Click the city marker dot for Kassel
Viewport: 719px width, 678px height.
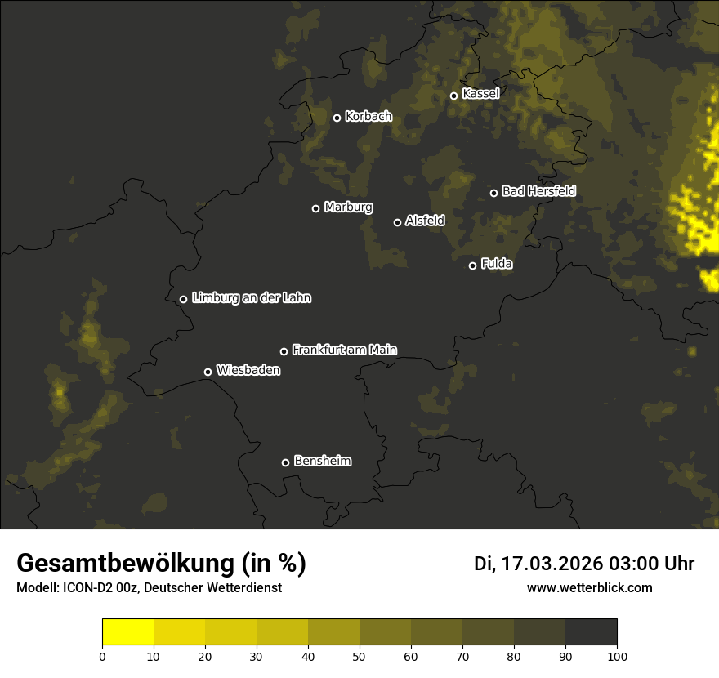[453, 96]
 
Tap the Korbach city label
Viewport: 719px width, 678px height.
[368, 117]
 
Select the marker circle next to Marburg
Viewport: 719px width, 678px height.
[315, 208]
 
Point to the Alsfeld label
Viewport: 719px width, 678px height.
[425, 221]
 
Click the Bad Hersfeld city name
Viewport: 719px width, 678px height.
[538, 191]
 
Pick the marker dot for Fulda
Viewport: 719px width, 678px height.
[472, 265]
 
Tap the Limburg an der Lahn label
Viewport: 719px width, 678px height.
[251, 298]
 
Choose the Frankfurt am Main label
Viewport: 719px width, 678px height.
[344, 350]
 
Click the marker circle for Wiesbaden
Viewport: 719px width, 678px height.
[208, 372]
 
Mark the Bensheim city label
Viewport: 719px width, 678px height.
[322, 461]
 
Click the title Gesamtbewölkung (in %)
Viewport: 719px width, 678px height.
[161, 564]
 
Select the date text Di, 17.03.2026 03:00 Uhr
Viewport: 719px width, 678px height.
[584, 564]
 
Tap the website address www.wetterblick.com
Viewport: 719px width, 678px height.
[589, 587]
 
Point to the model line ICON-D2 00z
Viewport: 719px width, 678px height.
[149, 587]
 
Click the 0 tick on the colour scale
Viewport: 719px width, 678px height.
[102, 656]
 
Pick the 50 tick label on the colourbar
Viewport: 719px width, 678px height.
[359, 656]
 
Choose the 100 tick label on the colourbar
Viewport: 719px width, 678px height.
[617, 656]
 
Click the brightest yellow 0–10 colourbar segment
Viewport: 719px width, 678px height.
[127, 632]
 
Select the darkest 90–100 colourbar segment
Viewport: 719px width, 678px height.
[591, 632]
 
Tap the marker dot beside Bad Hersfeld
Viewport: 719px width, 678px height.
[493, 193]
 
